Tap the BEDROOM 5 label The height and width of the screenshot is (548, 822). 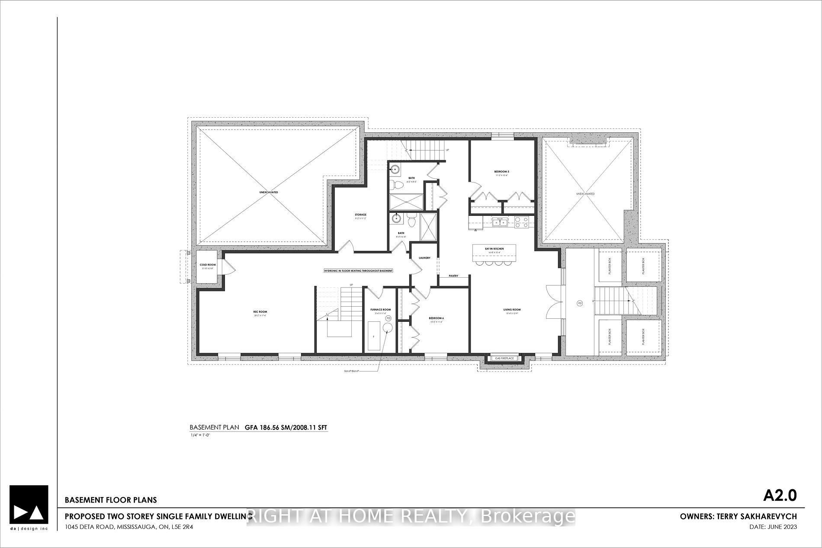click(501, 172)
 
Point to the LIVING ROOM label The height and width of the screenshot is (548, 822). click(512, 310)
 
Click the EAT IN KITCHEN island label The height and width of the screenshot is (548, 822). click(494, 249)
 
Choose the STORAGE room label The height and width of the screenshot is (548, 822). click(360, 215)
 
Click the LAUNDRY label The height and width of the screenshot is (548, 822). click(424, 258)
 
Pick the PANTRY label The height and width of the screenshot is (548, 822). click(453, 276)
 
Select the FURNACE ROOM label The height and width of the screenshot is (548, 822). click(380, 310)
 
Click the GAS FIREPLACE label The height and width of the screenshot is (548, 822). click(504, 359)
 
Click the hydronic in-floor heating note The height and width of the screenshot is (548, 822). click(359, 271)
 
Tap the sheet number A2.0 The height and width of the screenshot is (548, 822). click(780, 495)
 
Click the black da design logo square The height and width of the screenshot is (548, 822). click(29, 505)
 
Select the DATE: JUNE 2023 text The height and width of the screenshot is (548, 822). click(773, 527)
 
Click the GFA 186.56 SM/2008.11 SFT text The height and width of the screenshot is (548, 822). click(286, 427)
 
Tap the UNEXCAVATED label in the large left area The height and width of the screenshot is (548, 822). click(269, 192)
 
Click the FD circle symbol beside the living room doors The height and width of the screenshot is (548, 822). click(580, 303)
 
